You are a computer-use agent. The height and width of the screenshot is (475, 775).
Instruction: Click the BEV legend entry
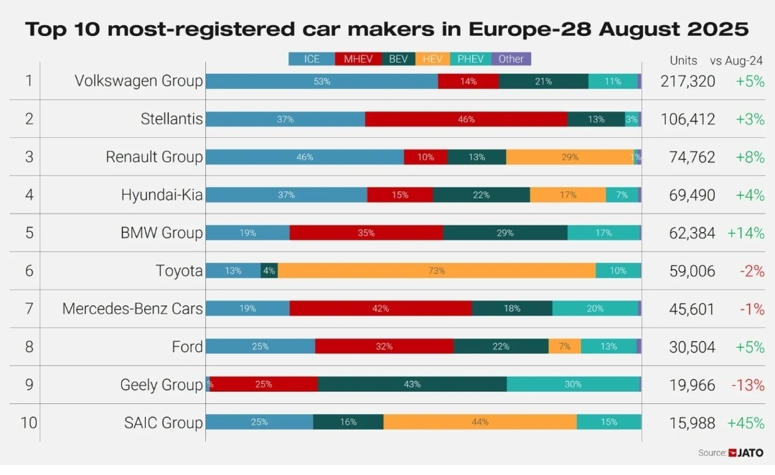coord(398,59)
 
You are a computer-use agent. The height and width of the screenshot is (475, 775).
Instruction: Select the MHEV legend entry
coord(358,59)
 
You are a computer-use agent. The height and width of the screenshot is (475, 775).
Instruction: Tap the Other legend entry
coord(511,59)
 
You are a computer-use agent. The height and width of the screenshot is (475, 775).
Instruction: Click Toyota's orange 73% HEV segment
coord(436,271)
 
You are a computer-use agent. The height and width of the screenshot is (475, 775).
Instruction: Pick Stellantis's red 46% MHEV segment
coord(466,119)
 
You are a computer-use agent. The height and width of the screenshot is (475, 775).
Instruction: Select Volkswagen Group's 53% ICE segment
coord(321,81)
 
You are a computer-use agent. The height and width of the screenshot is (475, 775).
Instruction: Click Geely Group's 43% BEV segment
coord(412,384)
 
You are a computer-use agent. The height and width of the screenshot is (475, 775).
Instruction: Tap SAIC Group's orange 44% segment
coord(480,422)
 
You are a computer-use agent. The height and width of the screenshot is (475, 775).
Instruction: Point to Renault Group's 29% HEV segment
coord(570,157)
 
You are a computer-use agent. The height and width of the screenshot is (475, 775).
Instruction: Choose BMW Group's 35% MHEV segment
coord(366,233)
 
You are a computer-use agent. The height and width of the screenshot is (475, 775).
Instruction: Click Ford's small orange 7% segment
coord(565,346)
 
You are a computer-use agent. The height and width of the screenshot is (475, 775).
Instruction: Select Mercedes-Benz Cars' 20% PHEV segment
coord(595,308)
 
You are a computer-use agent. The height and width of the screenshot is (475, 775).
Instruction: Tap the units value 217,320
coord(687,81)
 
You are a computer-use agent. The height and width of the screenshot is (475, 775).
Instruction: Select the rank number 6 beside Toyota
coord(29,271)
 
